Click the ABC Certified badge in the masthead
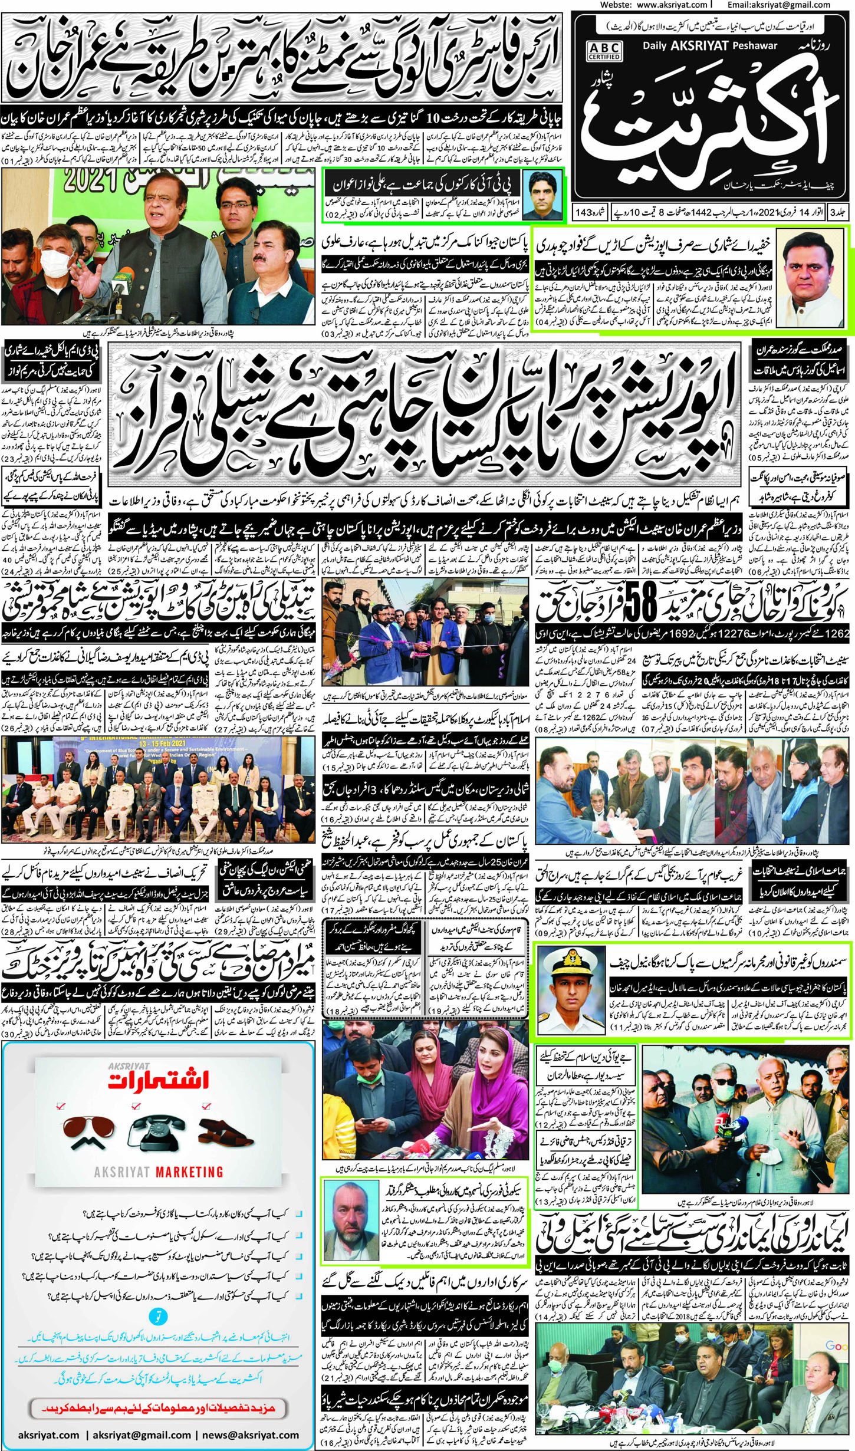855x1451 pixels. [x=604, y=50]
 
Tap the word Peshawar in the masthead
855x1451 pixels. [x=759, y=46]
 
